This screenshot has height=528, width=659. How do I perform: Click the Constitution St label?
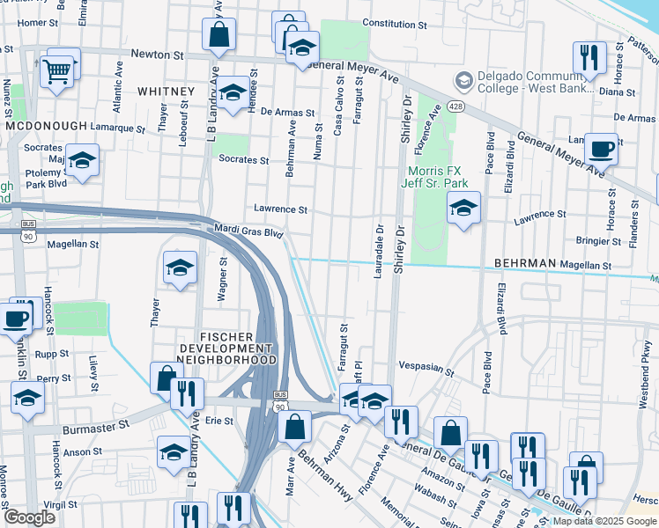pyautogui.click(x=394, y=24)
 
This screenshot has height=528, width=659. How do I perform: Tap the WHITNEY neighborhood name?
pyautogui.click(x=166, y=92)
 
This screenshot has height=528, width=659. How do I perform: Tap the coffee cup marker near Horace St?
pyautogui.click(x=601, y=149)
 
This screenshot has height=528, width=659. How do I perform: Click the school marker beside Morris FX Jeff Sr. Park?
pyautogui.click(x=463, y=209)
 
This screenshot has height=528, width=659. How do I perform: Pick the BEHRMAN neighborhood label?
pyautogui.click(x=524, y=263)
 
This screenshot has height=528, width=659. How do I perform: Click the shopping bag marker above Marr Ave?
pyautogui.click(x=294, y=427)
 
